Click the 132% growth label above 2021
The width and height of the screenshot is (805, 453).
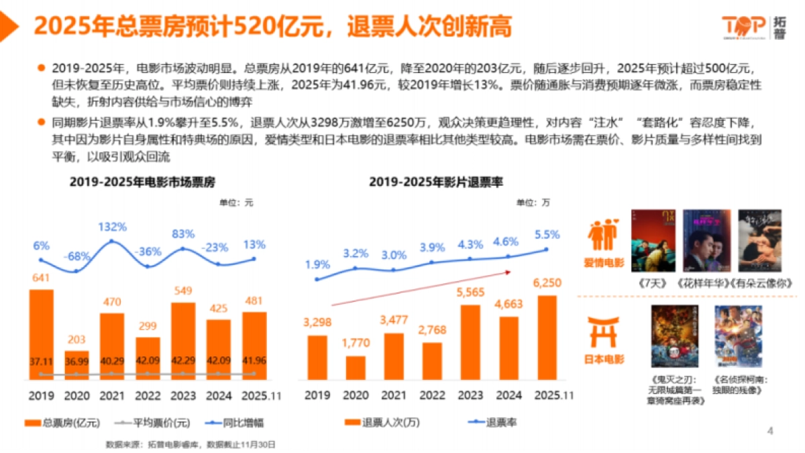111,226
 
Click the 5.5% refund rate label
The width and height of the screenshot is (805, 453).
547,235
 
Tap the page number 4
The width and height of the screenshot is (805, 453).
770,431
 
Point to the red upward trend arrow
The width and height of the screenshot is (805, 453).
423,289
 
